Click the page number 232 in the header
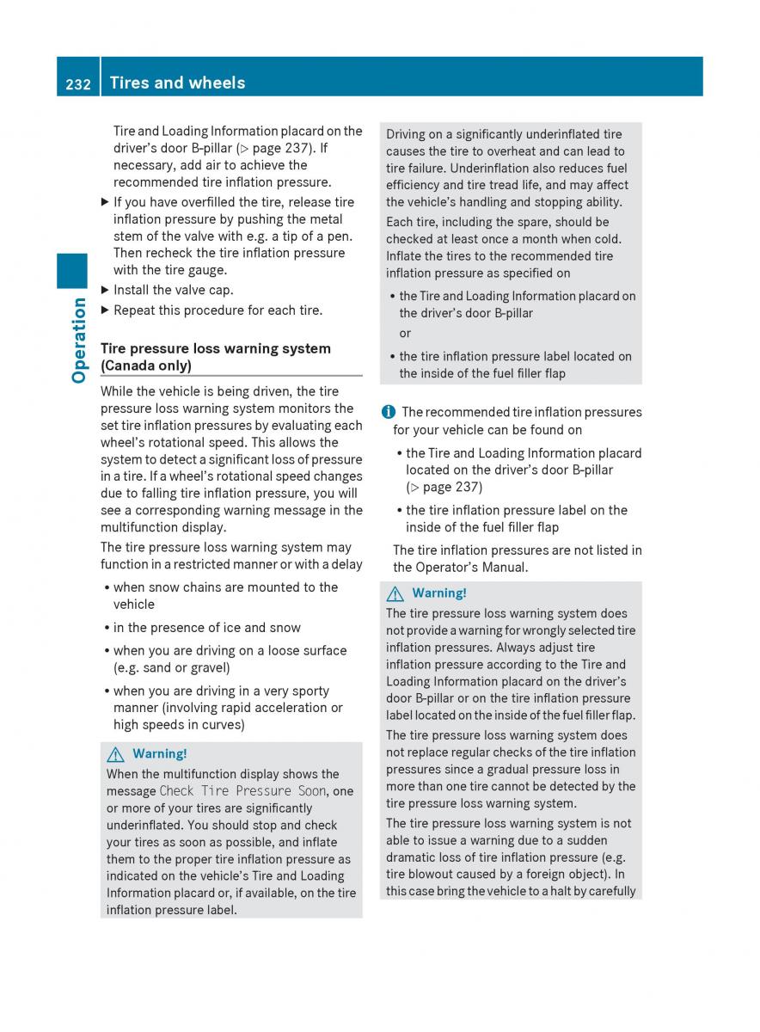pyautogui.click(x=77, y=83)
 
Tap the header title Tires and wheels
pyautogui.click(x=177, y=83)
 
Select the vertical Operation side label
pyautogui.click(x=79, y=340)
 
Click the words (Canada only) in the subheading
pyautogui.click(x=146, y=365)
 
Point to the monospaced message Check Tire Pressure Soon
pyautogui.click(x=242, y=791)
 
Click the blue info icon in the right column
pyautogui.click(x=389, y=412)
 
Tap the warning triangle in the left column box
pyautogui.click(x=114, y=754)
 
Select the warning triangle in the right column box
pyautogui.click(x=395, y=593)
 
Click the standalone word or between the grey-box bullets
pyautogui.click(x=405, y=334)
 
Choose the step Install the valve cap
pyautogui.click(x=173, y=290)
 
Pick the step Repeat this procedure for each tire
pyautogui.click(x=218, y=310)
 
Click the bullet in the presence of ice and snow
pyautogui.click(x=206, y=628)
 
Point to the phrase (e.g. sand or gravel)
pyautogui.click(x=172, y=667)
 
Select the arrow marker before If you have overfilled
pyautogui.click(x=105, y=202)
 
